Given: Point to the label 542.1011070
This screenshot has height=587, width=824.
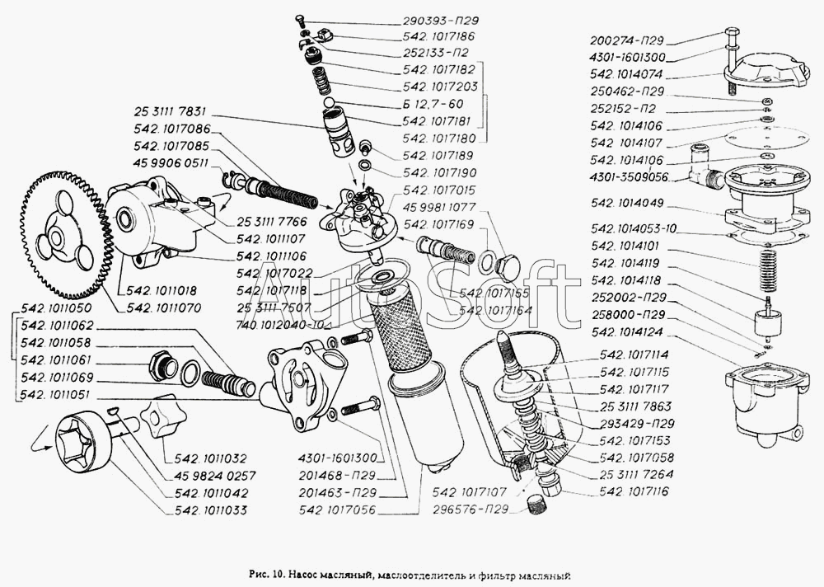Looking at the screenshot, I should click(x=163, y=308).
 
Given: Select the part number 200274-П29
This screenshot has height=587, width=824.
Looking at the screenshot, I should click(x=627, y=40).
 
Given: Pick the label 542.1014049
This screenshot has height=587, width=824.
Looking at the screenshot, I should click(x=627, y=202).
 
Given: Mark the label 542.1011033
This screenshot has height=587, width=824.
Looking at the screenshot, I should click(x=211, y=510).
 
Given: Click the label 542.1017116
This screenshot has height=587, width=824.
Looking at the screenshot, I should click(x=635, y=492).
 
